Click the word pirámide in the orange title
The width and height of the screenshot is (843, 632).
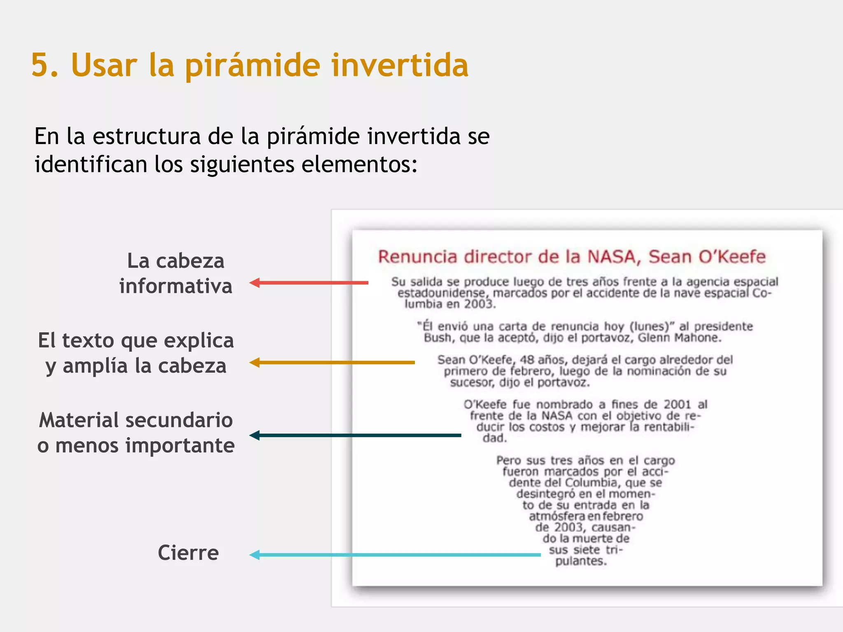(252, 66)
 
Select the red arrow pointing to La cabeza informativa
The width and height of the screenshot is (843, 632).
(309, 283)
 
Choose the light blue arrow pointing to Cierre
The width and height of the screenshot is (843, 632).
(395, 555)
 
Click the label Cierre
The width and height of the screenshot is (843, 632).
(188, 553)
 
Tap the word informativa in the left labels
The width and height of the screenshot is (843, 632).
(176, 286)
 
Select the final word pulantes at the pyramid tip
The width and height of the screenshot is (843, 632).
(581, 561)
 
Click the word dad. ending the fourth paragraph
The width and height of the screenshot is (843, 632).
(494, 438)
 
